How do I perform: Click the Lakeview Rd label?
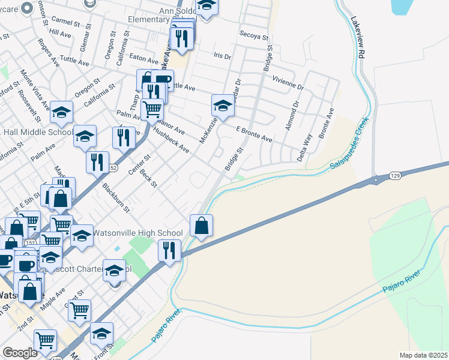pos(360,39)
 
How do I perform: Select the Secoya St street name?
pos(253,35)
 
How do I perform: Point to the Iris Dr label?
pos(222,55)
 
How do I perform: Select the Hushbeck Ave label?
pos(171,140)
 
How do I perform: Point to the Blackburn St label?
pos(116,198)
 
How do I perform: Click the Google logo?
pos(20,353)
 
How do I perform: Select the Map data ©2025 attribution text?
pos(423,355)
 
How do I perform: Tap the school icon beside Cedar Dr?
pos(223,107)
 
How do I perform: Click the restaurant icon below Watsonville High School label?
pos(169,250)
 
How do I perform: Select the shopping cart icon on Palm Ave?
pos(153,110)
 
